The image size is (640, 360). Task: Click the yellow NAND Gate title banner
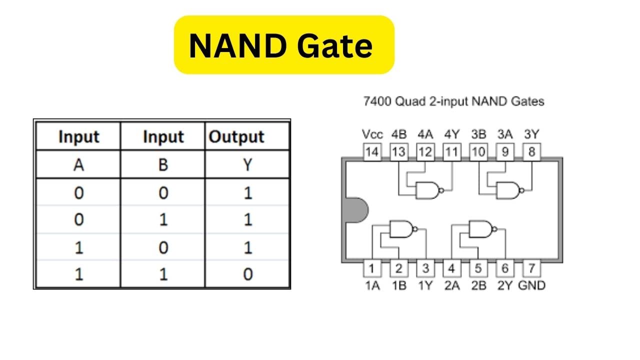pyautogui.click(x=283, y=45)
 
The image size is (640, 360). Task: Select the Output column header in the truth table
pyautogui.click(x=236, y=137)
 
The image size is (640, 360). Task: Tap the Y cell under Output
pyautogui.click(x=247, y=165)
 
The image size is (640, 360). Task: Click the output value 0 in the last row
pyautogui.click(x=247, y=274)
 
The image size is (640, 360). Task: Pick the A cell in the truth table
pyautogui.click(x=78, y=165)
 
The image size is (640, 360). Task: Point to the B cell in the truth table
pyautogui.click(x=163, y=165)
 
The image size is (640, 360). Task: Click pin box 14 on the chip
pyautogui.click(x=371, y=152)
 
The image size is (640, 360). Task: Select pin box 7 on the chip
pyautogui.click(x=531, y=268)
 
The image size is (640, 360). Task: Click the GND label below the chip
pyautogui.click(x=531, y=285)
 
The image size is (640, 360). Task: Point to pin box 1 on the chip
pyautogui.click(x=371, y=268)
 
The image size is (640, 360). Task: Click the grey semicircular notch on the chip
pyautogui.click(x=355, y=210)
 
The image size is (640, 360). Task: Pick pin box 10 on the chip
pyautogui.click(x=478, y=152)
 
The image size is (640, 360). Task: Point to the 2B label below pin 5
pyautogui.click(x=478, y=285)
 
